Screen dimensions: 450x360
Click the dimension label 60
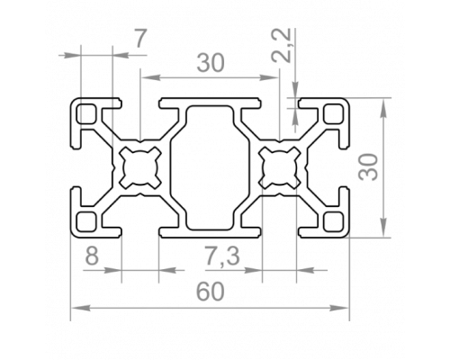[210, 292]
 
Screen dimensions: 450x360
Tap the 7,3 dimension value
[222, 256]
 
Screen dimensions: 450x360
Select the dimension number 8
[92, 256]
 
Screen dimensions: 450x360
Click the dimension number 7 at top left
[140, 39]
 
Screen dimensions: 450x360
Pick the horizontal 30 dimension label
[211, 63]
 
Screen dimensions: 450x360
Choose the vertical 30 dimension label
[369, 167]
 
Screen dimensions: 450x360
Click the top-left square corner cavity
[87, 113]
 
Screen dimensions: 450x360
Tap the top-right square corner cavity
[333, 113]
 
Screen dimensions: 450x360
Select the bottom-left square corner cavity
[87, 222]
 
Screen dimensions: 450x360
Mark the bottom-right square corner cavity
[333, 222]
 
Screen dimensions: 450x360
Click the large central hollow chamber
[210, 167]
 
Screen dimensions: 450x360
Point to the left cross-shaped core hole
[140, 167]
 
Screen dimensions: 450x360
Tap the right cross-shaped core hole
[280, 167]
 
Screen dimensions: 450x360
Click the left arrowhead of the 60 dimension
[81, 308]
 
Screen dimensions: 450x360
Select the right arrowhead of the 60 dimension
[339, 308]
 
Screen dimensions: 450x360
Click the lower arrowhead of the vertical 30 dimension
[383, 228]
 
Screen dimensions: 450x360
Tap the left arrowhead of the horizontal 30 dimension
[150, 77]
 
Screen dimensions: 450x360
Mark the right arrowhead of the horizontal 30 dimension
[269, 77]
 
